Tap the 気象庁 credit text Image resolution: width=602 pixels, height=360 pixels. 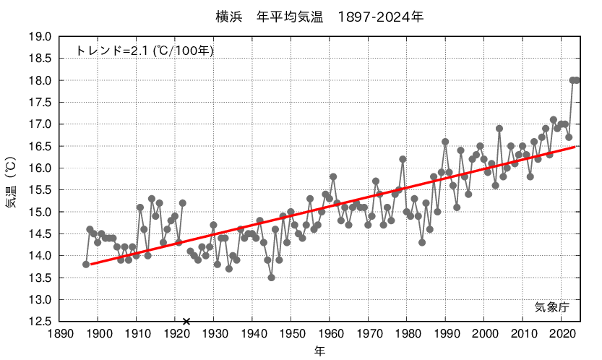tap(552, 307)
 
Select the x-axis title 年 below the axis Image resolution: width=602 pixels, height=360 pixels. tap(319, 351)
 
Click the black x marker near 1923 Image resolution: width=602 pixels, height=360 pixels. tap(186, 322)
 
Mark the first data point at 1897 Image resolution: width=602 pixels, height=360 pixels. tap(86, 265)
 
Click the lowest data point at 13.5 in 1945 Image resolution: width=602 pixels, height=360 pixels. tap(272, 278)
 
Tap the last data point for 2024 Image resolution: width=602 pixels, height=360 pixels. tap(577, 80)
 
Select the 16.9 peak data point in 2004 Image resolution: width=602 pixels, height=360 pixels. tap(499, 129)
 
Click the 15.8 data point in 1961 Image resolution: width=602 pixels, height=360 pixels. tap(333, 176)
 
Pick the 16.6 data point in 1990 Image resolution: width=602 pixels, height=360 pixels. tap(445, 142)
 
